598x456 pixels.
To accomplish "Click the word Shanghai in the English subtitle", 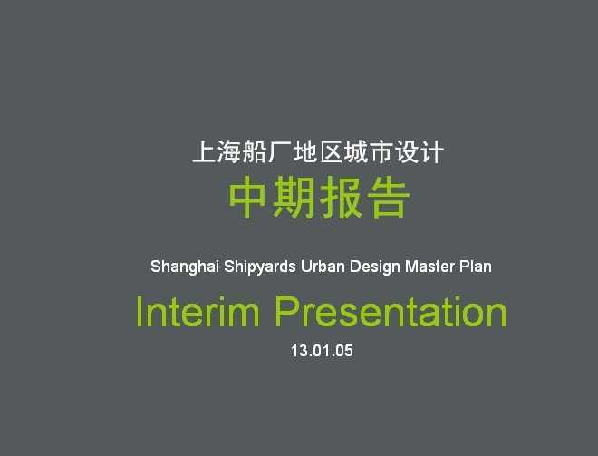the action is coord(185,267).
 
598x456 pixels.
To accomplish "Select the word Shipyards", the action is coord(260,267).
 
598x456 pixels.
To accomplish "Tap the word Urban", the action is coord(323,267).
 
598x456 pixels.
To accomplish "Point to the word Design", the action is coord(375,267).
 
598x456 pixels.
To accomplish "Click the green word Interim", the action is coord(198,311).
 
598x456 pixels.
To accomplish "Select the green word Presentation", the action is coord(391,311).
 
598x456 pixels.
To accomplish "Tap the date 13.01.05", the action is coord(322,351).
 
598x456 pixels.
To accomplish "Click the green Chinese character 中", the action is coord(246,198).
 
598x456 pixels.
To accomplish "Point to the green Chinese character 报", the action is coord(341,198).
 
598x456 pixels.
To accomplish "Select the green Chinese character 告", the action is coord(389,198).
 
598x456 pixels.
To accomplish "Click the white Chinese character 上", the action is coord(204,152).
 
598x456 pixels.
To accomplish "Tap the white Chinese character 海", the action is coord(229,152).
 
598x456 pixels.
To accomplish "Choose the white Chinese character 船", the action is coord(255,152).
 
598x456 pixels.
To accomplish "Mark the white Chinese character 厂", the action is coord(280,152).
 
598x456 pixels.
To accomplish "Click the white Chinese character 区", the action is coord(331,152).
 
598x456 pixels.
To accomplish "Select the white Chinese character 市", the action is coord(381,152).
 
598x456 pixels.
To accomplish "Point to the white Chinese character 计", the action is coord(431,152).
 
